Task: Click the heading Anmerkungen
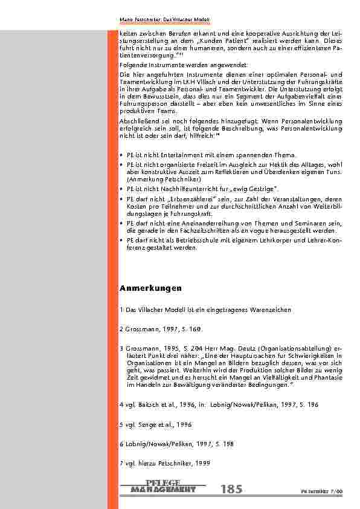click(x=150, y=287)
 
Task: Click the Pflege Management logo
click(x=163, y=486)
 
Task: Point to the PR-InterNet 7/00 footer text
click(x=326, y=491)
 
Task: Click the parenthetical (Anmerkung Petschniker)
click(x=160, y=180)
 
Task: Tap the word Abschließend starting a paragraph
click(x=137, y=122)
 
